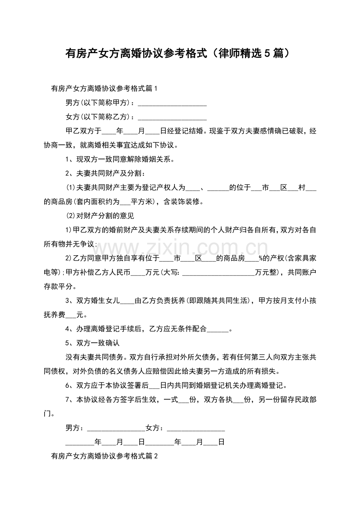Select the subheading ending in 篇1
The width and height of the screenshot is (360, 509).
104,89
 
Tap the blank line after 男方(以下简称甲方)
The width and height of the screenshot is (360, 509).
173,104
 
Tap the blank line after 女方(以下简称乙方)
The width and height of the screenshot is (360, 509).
173,117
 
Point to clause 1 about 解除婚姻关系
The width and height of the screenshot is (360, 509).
119,159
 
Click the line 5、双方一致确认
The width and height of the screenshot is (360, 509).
92,343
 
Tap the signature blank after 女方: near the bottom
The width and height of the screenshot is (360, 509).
196,428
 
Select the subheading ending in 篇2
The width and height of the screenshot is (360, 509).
104,456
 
